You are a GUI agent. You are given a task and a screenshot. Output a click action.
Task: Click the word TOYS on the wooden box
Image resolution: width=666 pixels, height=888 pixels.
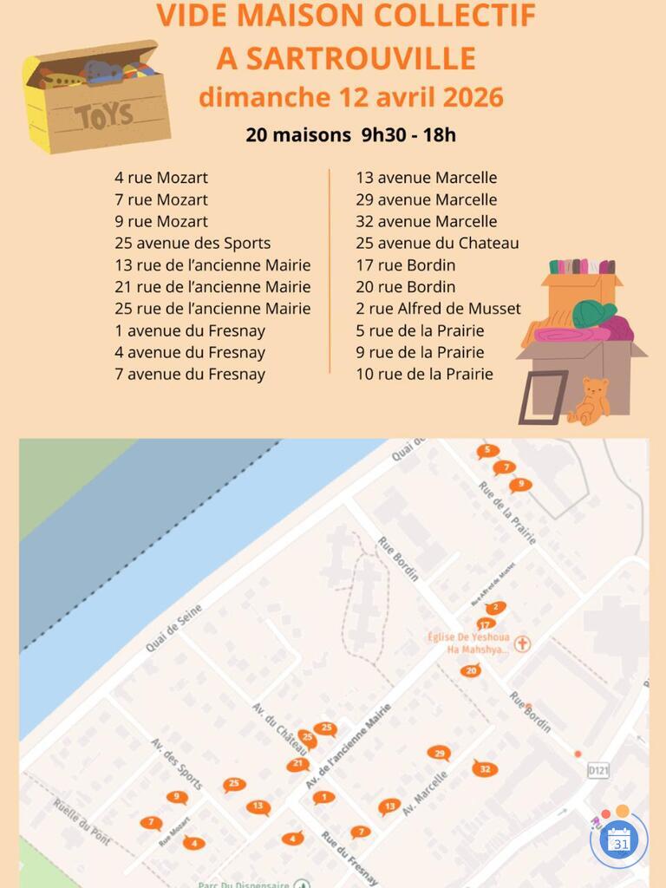104,114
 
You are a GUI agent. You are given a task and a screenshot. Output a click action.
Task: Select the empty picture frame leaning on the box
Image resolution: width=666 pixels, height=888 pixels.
543,397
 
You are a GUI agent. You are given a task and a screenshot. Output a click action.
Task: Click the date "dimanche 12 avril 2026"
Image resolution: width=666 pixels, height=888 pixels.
350,96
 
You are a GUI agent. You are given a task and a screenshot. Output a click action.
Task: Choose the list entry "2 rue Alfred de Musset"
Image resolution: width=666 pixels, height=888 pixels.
438,309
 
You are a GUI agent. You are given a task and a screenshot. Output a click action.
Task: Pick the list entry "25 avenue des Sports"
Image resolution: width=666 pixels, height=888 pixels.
193,243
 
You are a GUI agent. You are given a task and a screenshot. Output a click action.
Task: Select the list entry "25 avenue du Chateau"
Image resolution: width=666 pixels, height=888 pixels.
437,243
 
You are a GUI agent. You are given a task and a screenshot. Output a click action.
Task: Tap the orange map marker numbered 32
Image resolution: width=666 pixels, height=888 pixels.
485,768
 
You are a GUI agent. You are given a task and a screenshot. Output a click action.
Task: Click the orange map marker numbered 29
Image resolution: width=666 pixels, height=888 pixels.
439,753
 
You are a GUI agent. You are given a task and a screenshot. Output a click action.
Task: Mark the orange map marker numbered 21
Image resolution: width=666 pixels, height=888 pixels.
297,764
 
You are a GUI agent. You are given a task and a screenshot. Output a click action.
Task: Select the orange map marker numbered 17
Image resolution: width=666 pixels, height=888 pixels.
486,624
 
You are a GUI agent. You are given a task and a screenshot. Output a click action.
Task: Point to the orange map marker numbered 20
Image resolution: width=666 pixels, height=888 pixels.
471,669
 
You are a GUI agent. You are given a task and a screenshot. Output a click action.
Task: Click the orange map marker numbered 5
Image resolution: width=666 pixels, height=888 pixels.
487,450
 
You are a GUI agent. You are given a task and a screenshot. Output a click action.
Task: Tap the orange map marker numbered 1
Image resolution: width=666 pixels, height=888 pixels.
323,797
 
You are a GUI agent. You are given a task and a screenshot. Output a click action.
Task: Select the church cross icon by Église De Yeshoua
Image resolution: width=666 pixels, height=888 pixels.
522,643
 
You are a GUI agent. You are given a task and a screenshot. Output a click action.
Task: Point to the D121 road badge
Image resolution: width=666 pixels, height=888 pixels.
597,769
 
